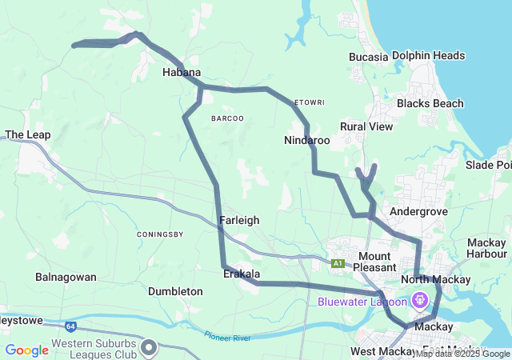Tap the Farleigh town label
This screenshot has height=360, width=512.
click(238, 219)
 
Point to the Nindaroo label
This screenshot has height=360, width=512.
click(307, 140)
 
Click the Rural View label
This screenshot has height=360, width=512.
click(366, 126)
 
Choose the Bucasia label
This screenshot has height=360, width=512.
click(369, 57)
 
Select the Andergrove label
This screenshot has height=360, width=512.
click(414, 211)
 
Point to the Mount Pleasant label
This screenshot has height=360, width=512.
click(374, 262)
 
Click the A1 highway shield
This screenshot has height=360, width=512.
click(338, 262)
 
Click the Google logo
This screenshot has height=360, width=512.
click(27, 350)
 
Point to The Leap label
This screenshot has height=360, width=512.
click(27, 135)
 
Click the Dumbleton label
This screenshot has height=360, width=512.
click(175, 292)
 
